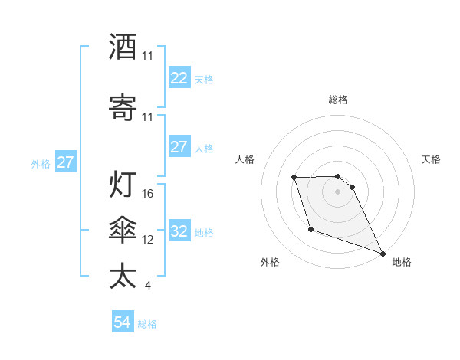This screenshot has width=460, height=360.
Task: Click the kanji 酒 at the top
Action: click(x=123, y=47)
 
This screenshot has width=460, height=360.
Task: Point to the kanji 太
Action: click(x=123, y=277)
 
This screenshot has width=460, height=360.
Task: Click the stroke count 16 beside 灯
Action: click(x=149, y=194)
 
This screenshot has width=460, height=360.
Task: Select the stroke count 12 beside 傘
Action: click(x=149, y=240)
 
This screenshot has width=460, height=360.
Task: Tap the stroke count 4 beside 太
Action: click(x=148, y=286)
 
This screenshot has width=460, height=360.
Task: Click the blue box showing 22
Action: click(x=179, y=78)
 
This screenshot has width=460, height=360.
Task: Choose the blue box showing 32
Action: click(x=179, y=231)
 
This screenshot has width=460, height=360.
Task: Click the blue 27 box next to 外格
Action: click(x=66, y=162)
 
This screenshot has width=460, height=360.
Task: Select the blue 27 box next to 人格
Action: click(x=179, y=147)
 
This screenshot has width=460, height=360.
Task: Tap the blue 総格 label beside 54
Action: click(x=147, y=324)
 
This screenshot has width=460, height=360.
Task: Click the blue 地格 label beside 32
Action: click(x=204, y=232)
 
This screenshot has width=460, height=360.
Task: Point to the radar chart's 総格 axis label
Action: click(x=338, y=100)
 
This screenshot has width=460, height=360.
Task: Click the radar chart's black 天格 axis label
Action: click(x=432, y=159)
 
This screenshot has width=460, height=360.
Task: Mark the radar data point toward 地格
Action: click(x=383, y=253)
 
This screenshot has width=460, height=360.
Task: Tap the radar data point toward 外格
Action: click(x=310, y=229)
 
